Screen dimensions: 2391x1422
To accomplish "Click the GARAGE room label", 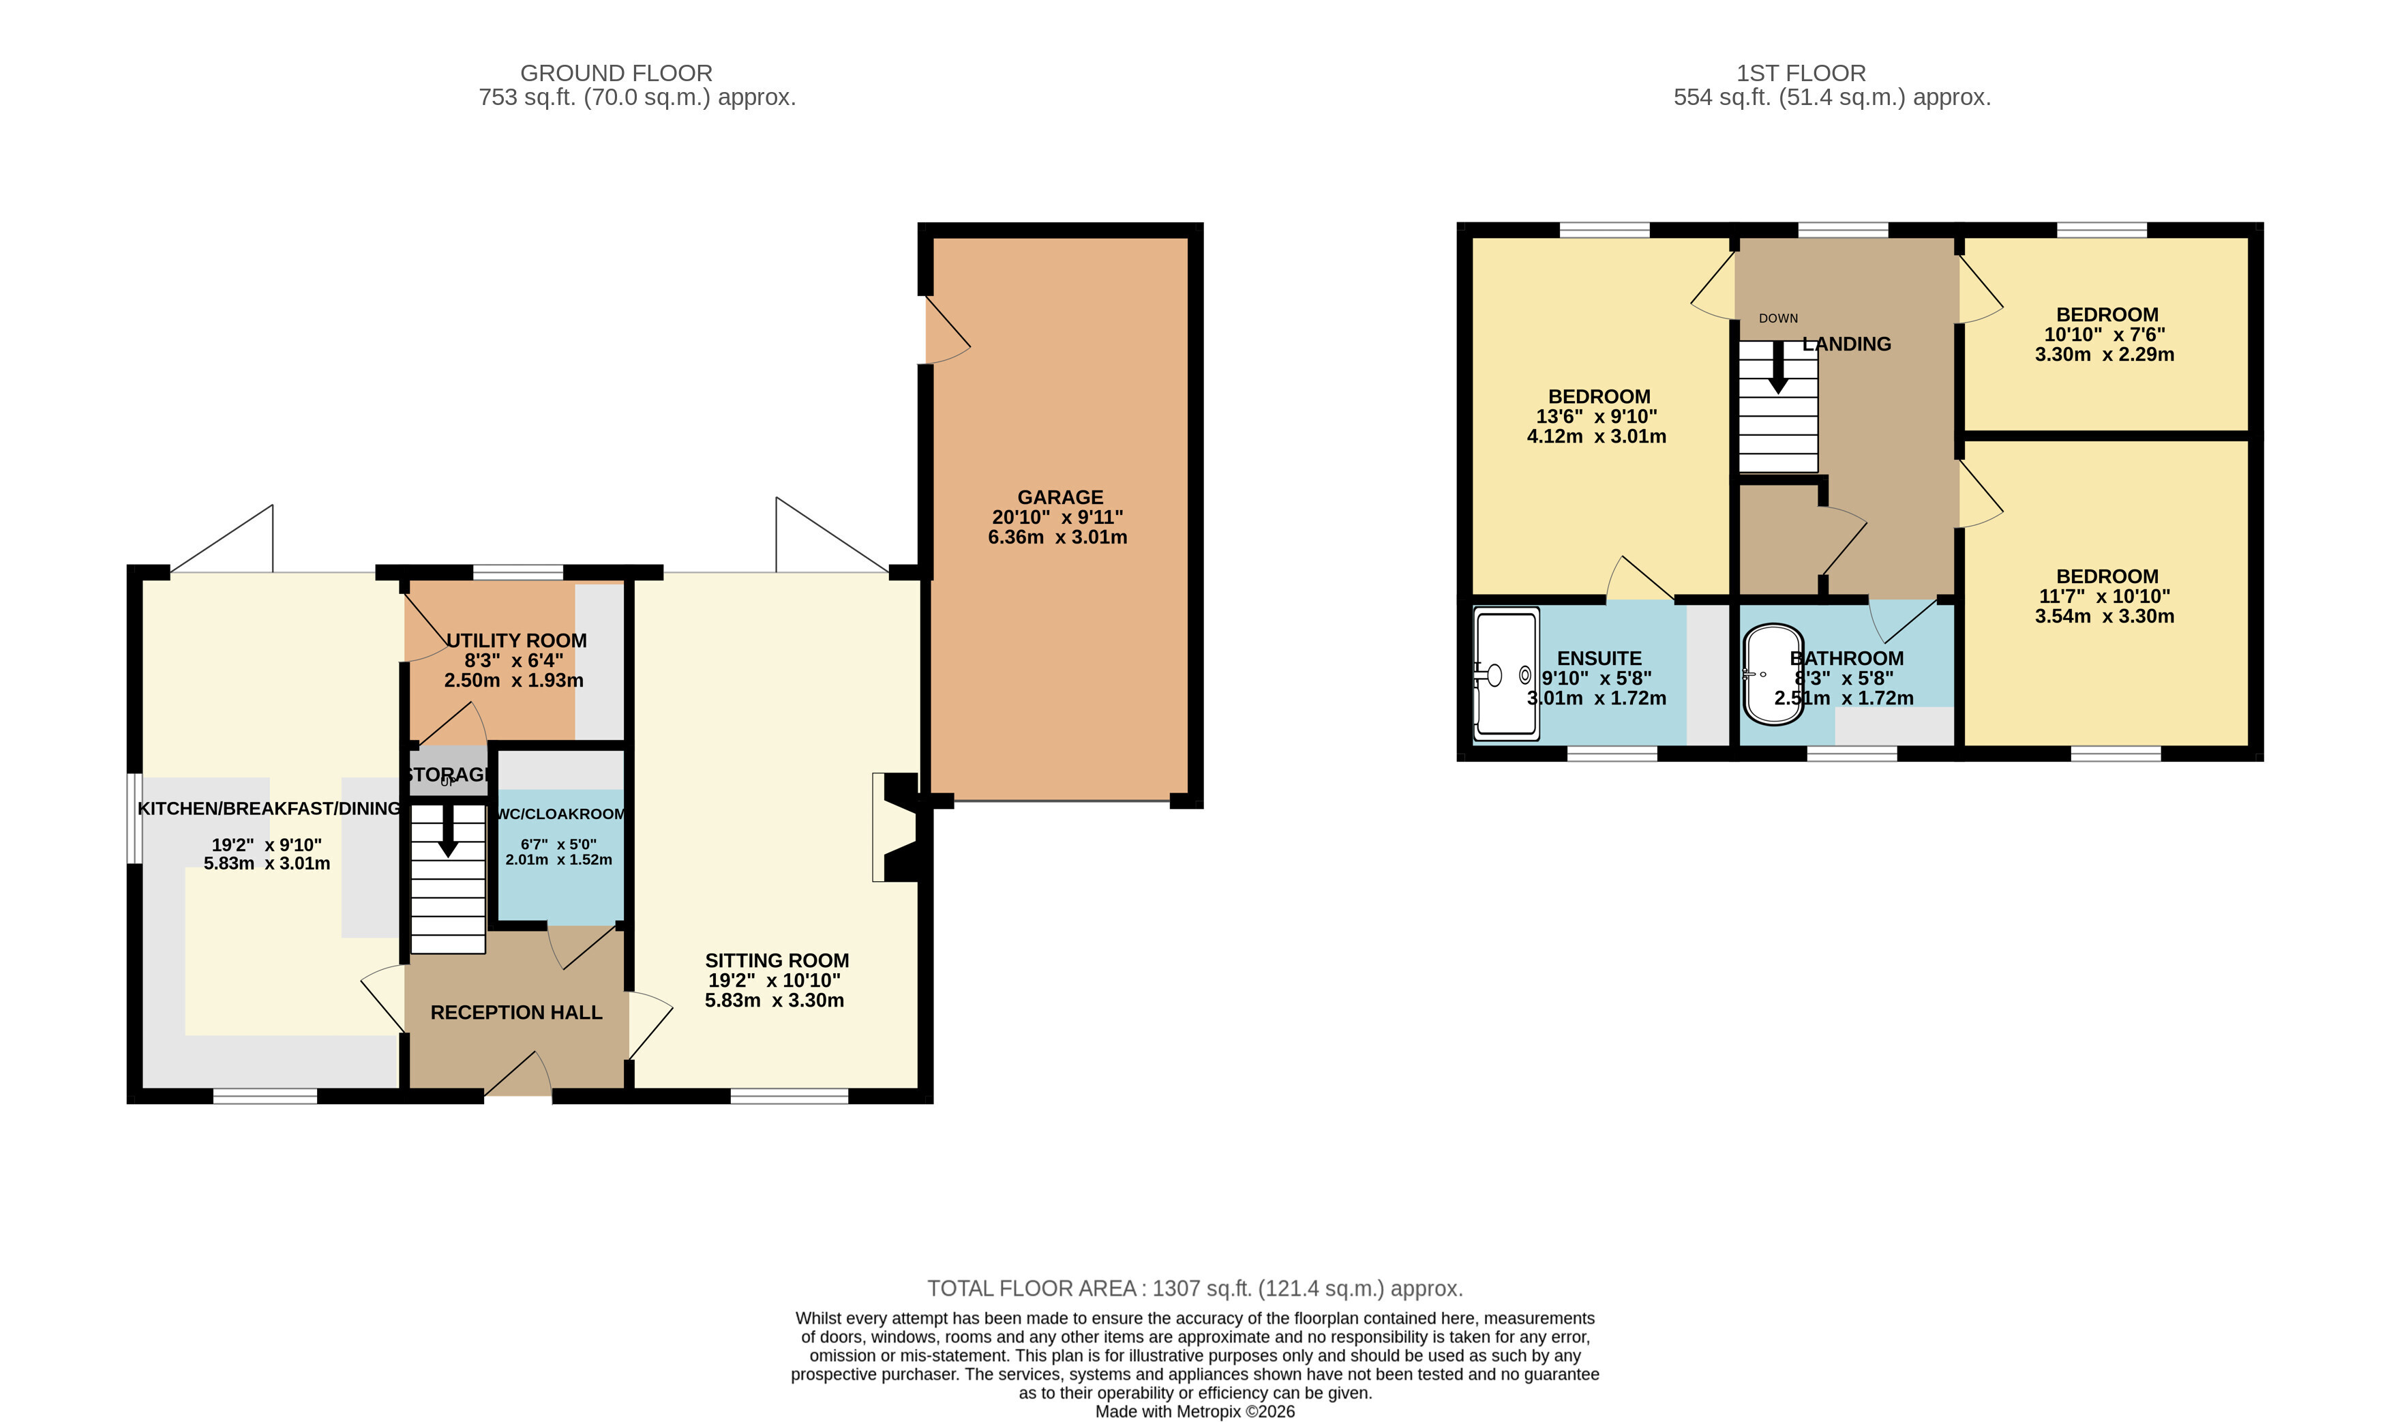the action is (x=1059, y=497).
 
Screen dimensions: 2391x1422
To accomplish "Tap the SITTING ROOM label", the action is (x=777, y=960).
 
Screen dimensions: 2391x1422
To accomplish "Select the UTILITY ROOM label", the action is (x=516, y=640).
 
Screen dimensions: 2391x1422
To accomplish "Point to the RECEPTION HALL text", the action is (x=516, y=1012).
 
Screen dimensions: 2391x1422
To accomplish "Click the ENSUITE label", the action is (x=1599, y=658).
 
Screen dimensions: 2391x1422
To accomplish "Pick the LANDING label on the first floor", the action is (x=1847, y=344).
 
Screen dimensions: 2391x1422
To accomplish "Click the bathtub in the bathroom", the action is (x=1773, y=675).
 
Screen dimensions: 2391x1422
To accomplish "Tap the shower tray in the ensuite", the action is (x=1507, y=675).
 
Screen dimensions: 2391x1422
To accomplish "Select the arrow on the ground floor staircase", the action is (x=447, y=831).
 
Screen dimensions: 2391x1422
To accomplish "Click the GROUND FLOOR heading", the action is (x=616, y=73).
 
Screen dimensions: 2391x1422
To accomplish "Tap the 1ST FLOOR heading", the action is (x=1801, y=73).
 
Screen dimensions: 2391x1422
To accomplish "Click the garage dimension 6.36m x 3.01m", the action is (x=1057, y=537).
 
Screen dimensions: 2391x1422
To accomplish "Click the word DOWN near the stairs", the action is (x=1778, y=318).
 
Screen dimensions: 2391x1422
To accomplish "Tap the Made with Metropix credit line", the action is (x=1194, y=1412).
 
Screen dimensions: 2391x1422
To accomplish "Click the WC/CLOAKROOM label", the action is (x=561, y=814).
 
